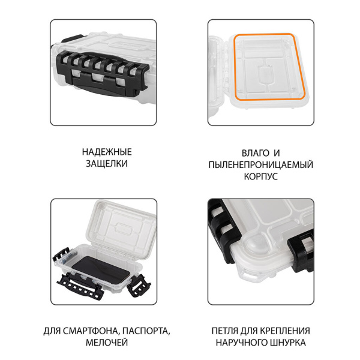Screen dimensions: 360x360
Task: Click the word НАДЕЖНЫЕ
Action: coord(107,152)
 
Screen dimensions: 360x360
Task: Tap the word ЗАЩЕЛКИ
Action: coord(107,164)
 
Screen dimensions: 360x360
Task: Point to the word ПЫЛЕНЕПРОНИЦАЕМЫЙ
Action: coord(261,165)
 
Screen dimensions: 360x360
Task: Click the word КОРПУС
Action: coord(261,176)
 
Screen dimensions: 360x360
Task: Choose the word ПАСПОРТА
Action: coord(146,331)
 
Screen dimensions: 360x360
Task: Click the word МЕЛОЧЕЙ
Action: coord(107,343)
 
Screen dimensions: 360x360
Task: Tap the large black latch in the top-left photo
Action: coord(102,73)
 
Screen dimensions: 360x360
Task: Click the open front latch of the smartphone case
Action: coord(80,285)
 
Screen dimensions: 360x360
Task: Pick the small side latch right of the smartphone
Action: coord(139,285)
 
